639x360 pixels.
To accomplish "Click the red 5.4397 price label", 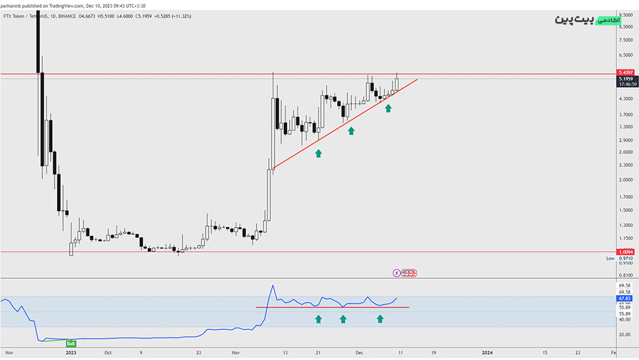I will pos(626,72).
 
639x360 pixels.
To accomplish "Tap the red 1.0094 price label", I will pos(626,252).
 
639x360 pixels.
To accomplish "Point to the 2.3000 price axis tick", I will pos(626,165).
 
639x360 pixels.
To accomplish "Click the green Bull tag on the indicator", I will pos(71,342).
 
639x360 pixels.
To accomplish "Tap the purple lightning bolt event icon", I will pos(397,273).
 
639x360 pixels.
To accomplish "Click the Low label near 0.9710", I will pos(610,259).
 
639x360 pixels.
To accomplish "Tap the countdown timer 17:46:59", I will pos(626,84).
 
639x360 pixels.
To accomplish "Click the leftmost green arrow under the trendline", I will pos(318,153).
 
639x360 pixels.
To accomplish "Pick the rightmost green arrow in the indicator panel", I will pos(380,319).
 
